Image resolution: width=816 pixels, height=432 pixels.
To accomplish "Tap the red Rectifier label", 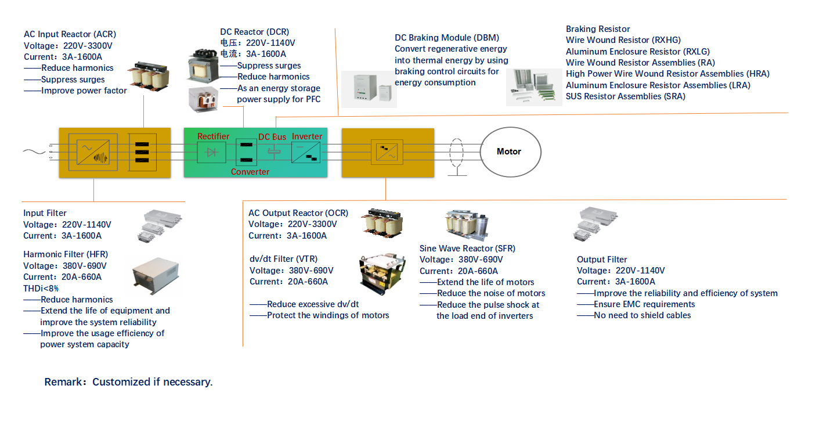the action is (x=213, y=136).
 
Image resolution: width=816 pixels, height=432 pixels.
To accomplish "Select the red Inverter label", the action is (x=307, y=136).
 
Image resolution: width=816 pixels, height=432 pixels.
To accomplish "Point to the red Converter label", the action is (x=250, y=172).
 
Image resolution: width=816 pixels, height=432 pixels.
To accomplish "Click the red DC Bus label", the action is (x=272, y=136).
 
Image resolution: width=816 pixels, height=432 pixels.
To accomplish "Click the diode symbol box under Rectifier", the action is (x=211, y=152).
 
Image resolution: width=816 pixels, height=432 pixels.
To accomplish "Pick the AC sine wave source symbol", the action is (x=34, y=152).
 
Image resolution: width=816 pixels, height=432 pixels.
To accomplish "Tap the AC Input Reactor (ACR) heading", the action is (x=70, y=34).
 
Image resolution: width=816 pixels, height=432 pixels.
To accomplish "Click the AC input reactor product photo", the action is (x=149, y=76).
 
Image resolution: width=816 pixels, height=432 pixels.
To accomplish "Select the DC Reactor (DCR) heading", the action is (x=255, y=32).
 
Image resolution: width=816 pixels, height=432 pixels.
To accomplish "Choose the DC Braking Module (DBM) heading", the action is (x=447, y=38).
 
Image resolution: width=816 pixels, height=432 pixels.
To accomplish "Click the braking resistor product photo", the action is (x=534, y=88).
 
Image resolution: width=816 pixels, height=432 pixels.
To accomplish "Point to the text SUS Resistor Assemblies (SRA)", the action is (x=626, y=96).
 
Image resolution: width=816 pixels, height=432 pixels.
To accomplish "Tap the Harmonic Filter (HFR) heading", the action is (x=66, y=254).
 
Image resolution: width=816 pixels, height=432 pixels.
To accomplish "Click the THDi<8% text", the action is (x=41, y=289).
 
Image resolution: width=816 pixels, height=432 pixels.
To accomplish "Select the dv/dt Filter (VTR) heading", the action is (x=283, y=259).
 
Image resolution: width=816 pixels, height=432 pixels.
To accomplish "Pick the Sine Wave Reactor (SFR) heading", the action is (x=467, y=249).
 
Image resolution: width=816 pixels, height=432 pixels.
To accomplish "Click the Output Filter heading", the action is (x=602, y=260).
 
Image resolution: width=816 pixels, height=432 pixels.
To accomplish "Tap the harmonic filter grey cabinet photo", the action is (x=156, y=276).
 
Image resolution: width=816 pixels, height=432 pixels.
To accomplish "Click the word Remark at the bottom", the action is (x=63, y=382).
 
